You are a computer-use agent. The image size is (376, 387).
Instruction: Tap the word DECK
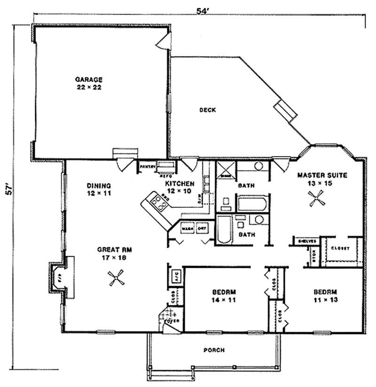207,110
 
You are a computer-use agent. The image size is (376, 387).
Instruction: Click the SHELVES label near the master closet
306,241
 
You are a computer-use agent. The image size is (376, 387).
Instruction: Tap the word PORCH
214,350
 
